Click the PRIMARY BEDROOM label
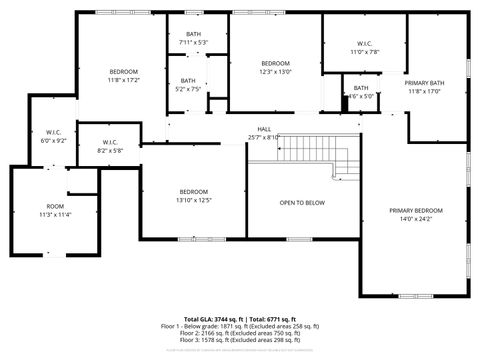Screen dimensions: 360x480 click(x=415, y=210)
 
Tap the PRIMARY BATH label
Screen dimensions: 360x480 click(x=425, y=83)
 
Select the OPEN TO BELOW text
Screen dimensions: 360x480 click(x=301, y=202)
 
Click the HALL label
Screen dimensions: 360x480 click(x=264, y=129)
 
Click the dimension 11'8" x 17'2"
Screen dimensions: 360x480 click(x=123, y=79)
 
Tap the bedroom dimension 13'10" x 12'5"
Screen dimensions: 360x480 click(x=194, y=199)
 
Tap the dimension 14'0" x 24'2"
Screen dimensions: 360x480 click(x=415, y=218)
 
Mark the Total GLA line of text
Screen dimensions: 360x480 click(x=239, y=316)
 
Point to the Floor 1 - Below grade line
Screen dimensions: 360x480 click(x=239, y=325)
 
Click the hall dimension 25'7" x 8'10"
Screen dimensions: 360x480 click(x=264, y=137)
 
